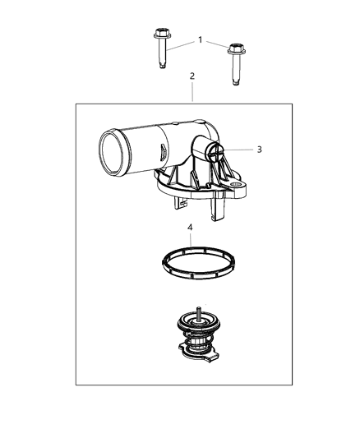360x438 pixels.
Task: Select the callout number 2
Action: (x=192, y=76)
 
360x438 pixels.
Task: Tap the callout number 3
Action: (x=259, y=150)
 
